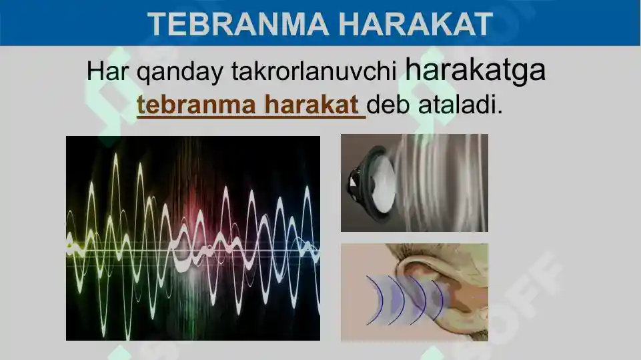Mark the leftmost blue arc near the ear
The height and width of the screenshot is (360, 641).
tap(374, 300)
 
